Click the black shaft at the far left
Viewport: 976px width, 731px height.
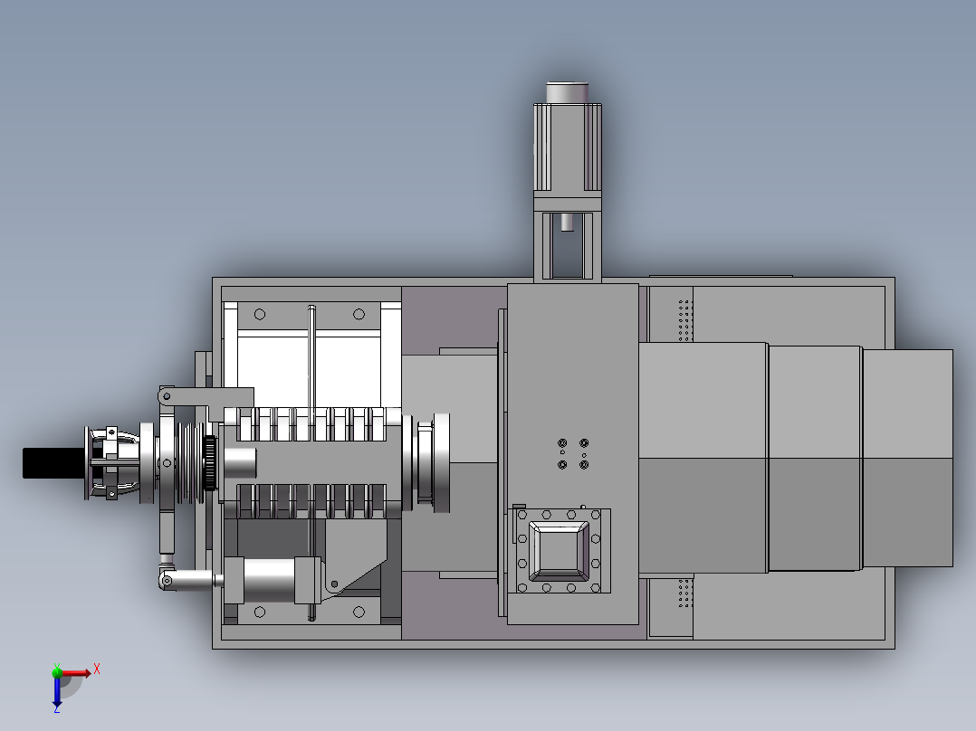click(54, 463)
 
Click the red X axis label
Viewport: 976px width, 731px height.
click(97, 669)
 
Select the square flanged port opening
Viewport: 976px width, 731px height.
click(559, 551)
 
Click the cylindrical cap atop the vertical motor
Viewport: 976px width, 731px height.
click(567, 92)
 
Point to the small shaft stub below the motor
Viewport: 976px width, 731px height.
click(567, 222)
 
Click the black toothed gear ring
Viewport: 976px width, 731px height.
click(210, 463)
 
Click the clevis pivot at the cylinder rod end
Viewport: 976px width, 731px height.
click(167, 581)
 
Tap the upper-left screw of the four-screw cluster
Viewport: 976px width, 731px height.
click(562, 443)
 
